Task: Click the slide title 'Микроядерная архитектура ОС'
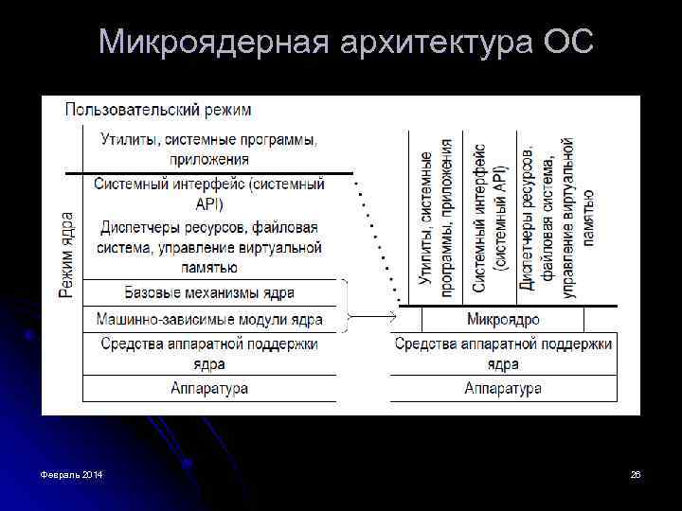[346, 43]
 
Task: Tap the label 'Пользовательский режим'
[158, 110]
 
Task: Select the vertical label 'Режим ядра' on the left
[66, 255]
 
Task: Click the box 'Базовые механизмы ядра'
[209, 292]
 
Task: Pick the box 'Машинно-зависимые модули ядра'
[209, 319]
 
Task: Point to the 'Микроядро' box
[503, 319]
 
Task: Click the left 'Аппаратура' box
[209, 388]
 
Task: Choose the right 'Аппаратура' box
[503, 388]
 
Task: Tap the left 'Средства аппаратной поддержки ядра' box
[209, 353]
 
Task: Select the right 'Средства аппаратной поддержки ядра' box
[503, 353]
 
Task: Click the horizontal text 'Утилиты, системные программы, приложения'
[209, 150]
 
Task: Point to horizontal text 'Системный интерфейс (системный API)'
[209, 193]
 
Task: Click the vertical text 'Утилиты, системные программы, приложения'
[435, 218]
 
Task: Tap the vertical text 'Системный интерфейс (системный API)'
[489, 218]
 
